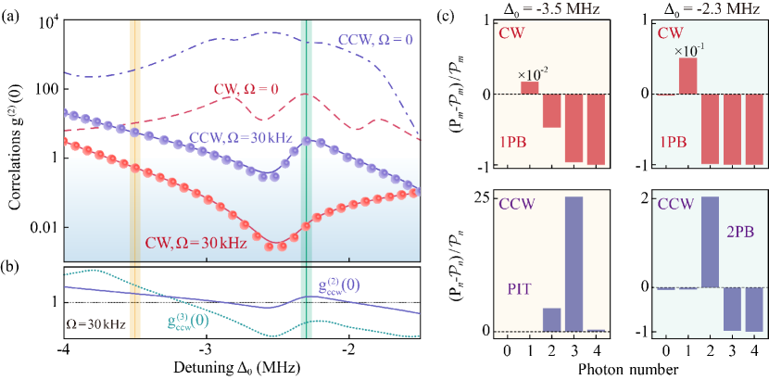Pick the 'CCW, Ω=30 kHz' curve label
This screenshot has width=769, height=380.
click(x=243, y=138)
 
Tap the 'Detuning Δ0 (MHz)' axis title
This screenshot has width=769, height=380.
click(x=241, y=369)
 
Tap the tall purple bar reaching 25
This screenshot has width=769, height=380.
click(x=574, y=264)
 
